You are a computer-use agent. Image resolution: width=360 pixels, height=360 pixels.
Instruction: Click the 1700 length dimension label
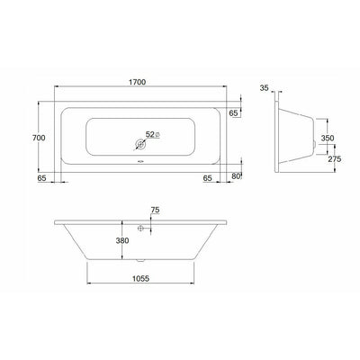(x=138, y=82)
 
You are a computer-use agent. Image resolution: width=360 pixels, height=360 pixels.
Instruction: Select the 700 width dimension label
(x=39, y=138)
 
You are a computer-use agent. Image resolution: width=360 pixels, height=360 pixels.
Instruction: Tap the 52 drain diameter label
(x=149, y=134)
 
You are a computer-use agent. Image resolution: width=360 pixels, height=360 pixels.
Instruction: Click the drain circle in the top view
(x=140, y=145)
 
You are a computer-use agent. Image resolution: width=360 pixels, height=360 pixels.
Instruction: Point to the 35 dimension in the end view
(x=265, y=88)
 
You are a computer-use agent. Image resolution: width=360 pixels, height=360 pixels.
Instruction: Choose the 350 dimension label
(x=328, y=138)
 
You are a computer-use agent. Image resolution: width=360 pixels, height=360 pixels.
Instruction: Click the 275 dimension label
(x=335, y=159)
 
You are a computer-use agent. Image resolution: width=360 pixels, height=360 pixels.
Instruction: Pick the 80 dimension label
(x=236, y=176)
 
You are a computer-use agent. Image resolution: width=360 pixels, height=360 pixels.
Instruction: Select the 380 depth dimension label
(x=122, y=240)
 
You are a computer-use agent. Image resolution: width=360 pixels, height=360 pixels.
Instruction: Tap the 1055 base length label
(x=140, y=278)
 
